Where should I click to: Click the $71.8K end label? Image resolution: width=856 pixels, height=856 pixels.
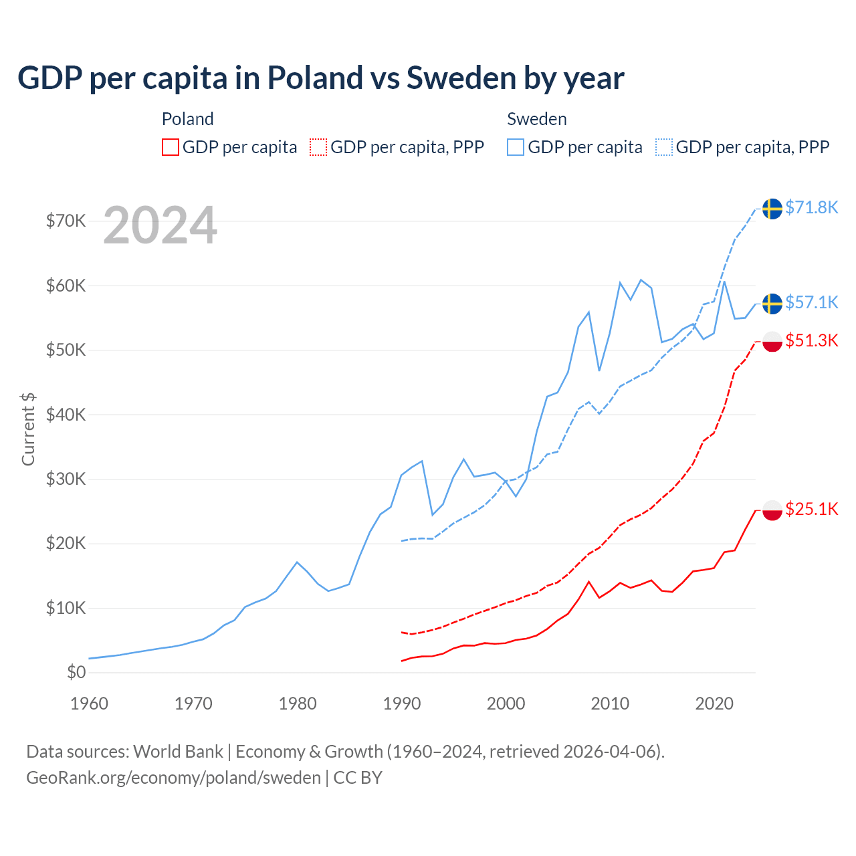click(x=811, y=207)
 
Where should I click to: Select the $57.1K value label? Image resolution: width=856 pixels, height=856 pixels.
click(x=811, y=302)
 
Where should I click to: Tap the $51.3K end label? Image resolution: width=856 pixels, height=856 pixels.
click(x=811, y=340)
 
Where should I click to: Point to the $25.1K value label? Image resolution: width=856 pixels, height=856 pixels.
click(x=811, y=509)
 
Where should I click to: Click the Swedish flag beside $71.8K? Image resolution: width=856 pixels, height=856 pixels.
click(x=772, y=209)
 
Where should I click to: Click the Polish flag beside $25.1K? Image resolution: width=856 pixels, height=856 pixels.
click(x=772, y=510)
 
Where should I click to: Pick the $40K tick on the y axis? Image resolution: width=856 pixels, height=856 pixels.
click(x=66, y=415)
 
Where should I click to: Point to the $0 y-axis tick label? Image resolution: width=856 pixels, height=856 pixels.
click(x=76, y=672)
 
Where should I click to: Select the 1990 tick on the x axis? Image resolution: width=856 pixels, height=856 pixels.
click(x=402, y=704)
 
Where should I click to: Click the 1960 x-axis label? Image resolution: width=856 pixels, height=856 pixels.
click(x=89, y=704)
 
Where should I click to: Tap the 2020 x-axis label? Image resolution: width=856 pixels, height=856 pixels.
click(x=714, y=704)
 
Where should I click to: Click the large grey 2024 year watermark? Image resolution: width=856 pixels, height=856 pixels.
click(x=160, y=225)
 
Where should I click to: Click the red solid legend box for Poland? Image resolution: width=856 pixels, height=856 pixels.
click(x=171, y=147)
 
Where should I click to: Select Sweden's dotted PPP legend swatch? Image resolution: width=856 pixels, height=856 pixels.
click(x=664, y=147)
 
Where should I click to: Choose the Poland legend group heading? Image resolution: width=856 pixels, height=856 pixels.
click(x=188, y=119)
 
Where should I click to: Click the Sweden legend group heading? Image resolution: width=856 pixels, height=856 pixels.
click(x=537, y=119)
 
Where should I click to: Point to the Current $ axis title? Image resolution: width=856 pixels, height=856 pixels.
click(x=28, y=429)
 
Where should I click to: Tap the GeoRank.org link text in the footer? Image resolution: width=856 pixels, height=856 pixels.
click(x=173, y=778)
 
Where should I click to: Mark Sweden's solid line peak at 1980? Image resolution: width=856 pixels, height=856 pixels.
click(x=297, y=562)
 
